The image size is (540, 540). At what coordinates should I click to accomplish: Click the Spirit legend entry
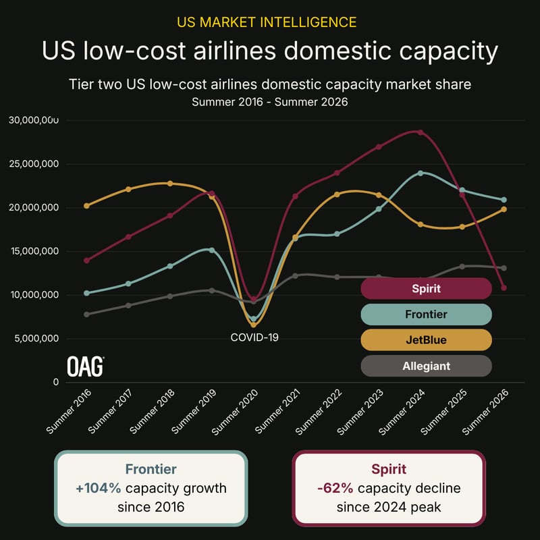coord(426,288)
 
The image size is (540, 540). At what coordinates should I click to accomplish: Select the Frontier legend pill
coord(426,314)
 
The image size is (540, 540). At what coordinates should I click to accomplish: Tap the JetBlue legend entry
coord(426,340)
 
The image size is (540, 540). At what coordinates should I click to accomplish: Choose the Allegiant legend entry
coord(426,366)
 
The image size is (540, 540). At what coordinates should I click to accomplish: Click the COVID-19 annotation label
coord(254,337)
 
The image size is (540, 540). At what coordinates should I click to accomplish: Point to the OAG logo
coord(85,367)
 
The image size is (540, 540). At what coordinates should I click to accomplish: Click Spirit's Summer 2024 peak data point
coord(420,132)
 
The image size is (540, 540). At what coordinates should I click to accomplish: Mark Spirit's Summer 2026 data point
coord(504,288)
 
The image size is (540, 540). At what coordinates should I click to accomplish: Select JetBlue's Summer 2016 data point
coord(86,206)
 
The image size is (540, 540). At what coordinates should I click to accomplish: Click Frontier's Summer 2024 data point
coord(420,173)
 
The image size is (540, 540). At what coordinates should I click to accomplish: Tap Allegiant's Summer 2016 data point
coord(86,314)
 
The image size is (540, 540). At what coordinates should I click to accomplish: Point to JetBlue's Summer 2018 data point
coord(170,183)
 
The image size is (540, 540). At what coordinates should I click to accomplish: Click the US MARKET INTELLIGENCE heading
coord(267,22)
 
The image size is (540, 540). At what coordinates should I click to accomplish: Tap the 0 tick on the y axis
coord(56,382)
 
